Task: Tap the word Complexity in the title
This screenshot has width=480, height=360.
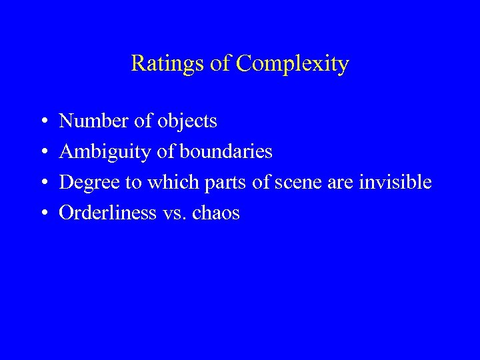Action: tap(293, 65)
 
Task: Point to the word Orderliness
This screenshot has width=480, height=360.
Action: tap(106, 213)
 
